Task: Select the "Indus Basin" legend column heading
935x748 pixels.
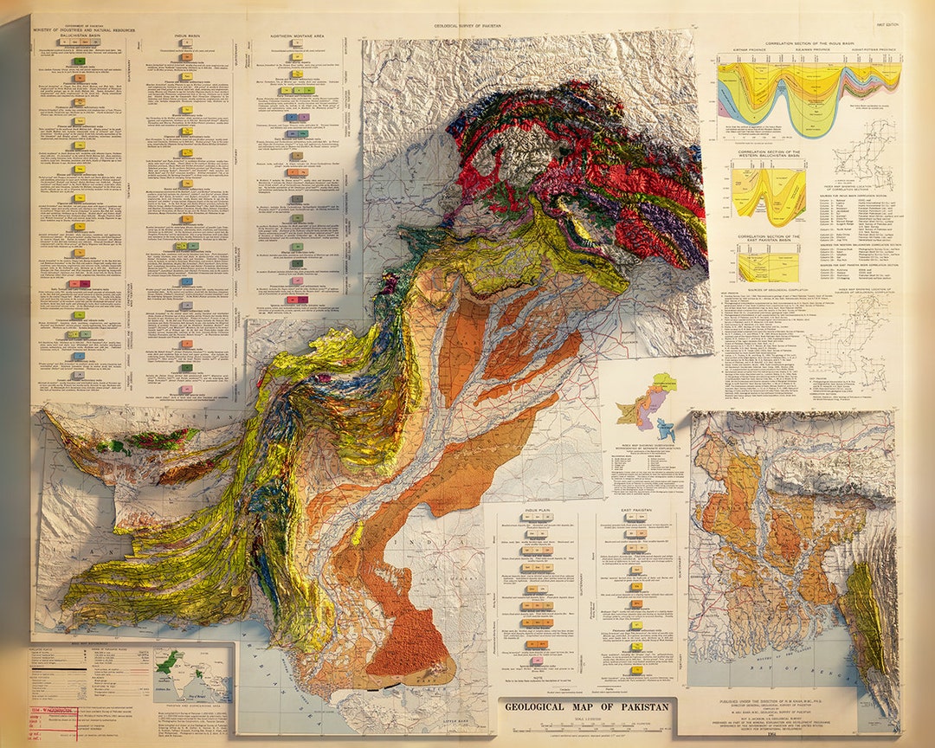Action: click(188, 35)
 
